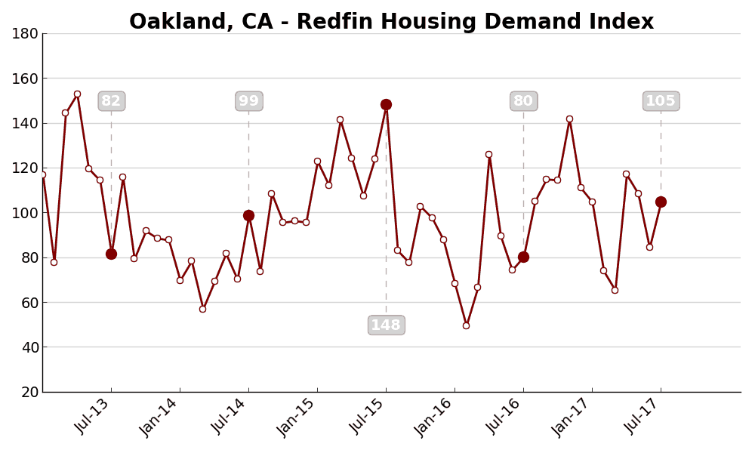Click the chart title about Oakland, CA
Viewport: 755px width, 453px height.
point(391,22)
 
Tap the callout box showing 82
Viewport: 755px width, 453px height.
point(111,101)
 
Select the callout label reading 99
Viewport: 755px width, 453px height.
point(248,101)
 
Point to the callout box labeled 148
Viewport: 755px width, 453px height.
point(386,325)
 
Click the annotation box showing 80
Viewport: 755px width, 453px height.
point(523,101)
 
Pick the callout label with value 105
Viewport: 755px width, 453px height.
point(661,101)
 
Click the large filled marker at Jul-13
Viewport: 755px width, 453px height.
point(111,254)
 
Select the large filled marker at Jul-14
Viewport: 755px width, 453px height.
point(248,215)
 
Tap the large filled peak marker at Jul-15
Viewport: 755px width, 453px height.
point(386,105)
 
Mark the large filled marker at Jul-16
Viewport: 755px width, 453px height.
point(523,257)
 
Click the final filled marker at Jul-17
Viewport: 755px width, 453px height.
point(661,202)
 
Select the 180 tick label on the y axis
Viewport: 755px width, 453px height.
point(25,33)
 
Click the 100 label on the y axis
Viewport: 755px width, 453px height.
point(25,213)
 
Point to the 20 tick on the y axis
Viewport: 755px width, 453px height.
point(29,392)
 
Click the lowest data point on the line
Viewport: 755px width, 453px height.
point(466,325)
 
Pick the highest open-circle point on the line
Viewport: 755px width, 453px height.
point(77,94)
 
